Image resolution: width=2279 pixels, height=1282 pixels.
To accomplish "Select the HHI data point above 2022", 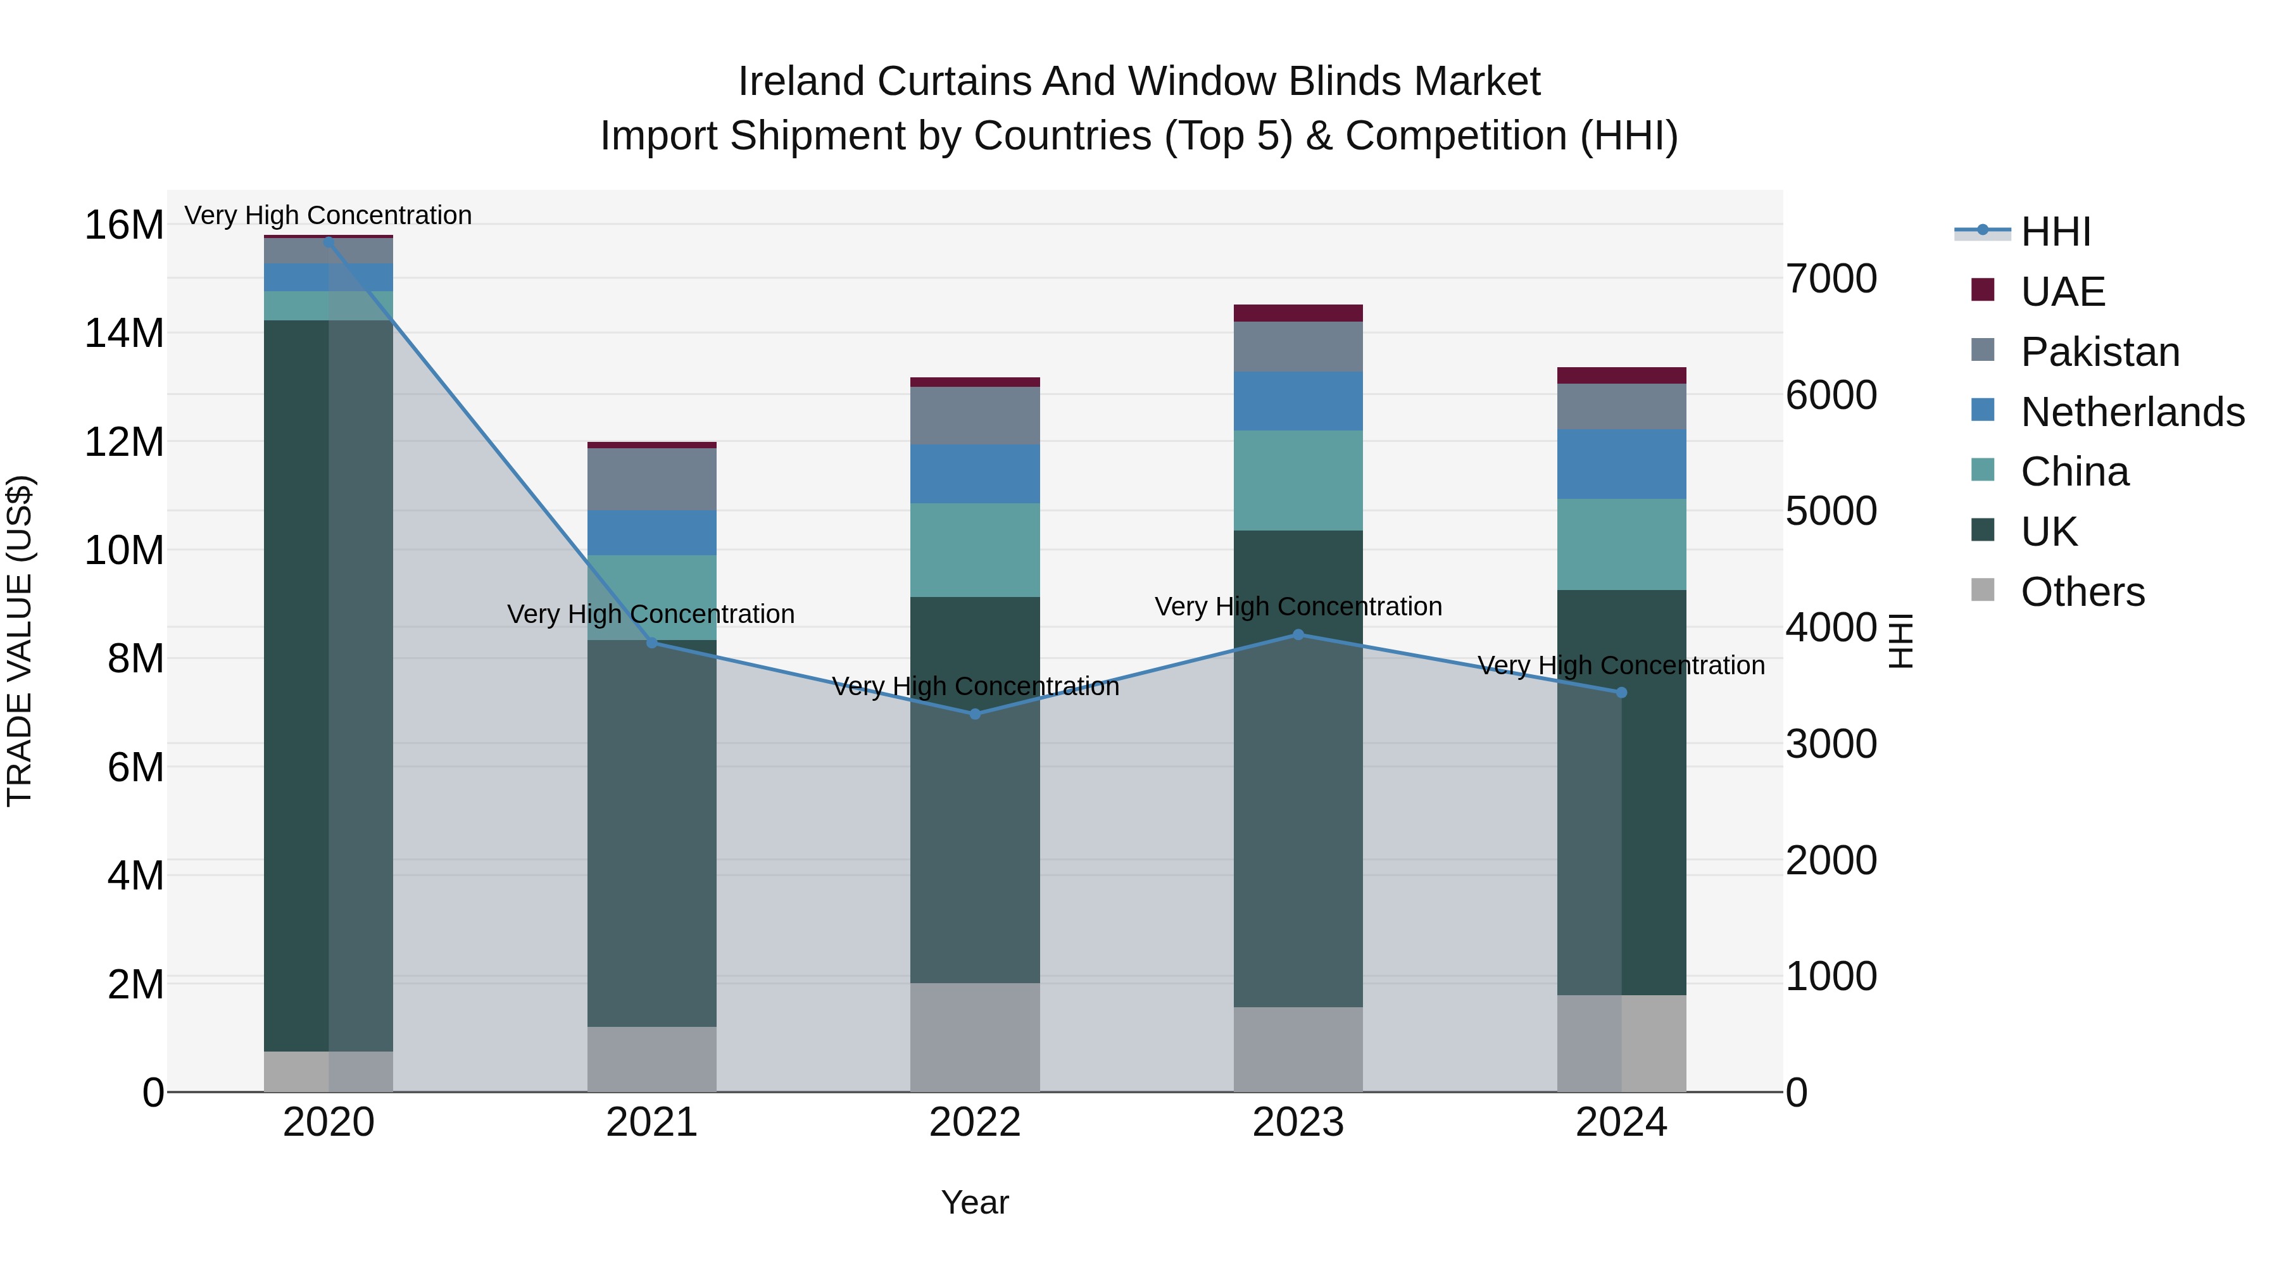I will point(975,714).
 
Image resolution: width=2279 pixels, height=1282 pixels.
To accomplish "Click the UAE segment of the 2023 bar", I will point(1298,313).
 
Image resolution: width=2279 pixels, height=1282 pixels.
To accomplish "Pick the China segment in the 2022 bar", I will point(975,550).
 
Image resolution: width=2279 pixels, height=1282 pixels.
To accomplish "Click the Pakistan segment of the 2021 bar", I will point(652,479).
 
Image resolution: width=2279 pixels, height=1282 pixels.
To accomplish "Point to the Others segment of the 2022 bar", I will point(975,1037).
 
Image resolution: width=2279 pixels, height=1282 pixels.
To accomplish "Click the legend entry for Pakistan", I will point(2099,352).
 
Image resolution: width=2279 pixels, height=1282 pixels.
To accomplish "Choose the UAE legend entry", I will point(2062,292).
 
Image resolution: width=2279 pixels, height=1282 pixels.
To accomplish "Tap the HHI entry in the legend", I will point(2055,232).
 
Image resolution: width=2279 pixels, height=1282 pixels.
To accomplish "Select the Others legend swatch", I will point(1983,590).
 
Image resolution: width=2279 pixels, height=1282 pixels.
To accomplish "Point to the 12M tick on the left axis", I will point(124,441).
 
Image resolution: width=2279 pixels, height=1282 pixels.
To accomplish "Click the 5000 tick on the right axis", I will point(1830,512).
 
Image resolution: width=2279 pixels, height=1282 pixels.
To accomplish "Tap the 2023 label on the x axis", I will point(1298,1122).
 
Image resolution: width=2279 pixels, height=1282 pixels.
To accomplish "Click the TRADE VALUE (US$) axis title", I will point(20,641).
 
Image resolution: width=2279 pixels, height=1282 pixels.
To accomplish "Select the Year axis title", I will point(975,1202).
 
